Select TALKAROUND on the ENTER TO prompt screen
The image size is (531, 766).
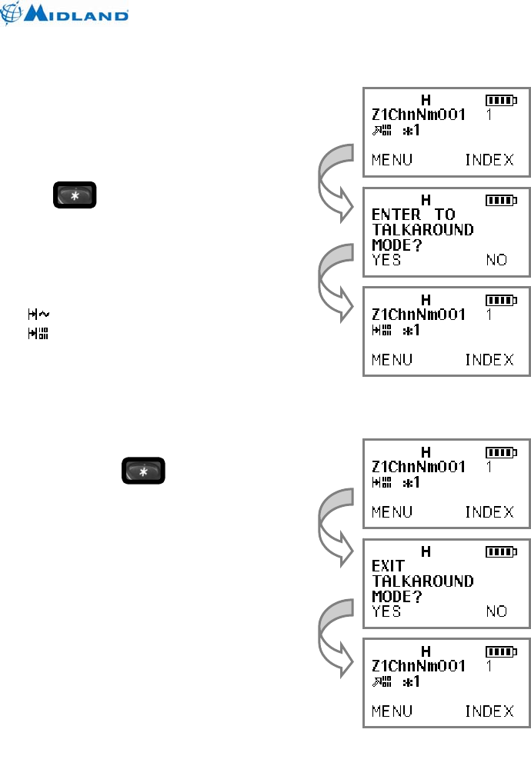[x=422, y=229]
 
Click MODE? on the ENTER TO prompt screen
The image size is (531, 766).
[x=397, y=245]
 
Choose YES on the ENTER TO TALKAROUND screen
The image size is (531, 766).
[x=386, y=260]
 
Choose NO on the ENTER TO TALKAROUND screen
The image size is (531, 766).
[x=496, y=260]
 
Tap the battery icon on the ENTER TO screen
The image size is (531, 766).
[x=501, y=200]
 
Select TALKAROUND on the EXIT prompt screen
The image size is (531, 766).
[x=422, y=581]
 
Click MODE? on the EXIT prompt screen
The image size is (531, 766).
[x=397, y=596]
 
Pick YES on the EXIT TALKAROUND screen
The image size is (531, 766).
[x=386, y=611]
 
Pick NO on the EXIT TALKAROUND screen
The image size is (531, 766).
[x=496, y=611]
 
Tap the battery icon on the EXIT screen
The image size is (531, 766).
[x=501, y=551]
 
